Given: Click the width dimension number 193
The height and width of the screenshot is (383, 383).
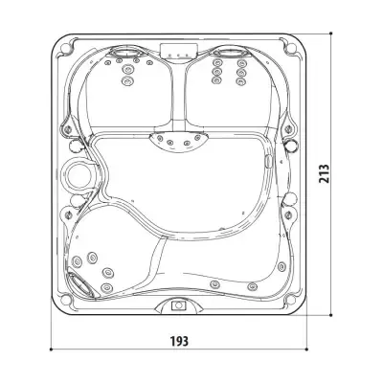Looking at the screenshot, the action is pyautogui.click(x=179, y=341).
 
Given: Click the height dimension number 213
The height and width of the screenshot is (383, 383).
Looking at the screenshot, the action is pyautogui.click(x=324, y=173).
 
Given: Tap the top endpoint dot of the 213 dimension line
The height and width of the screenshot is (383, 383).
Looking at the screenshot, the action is pyautogui.click(x=331, y=34).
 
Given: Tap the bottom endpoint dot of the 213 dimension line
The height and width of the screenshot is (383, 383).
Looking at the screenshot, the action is pyautogui.click(x=331, y=315).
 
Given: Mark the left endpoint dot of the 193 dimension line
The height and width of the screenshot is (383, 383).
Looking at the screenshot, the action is pyautogui.click(x=52, y=349).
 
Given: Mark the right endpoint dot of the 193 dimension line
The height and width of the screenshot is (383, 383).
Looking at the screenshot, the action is pyautogui.click(x=306, y=349).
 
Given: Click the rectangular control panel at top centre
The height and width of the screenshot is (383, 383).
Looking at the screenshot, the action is pyautogui.click(x=179, y=51).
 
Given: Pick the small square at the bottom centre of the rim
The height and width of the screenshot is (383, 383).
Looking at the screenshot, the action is pyautogui.click(x=178, y=305).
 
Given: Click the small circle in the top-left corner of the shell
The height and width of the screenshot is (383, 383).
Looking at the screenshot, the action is pyautogui.click(x=65, y=48).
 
